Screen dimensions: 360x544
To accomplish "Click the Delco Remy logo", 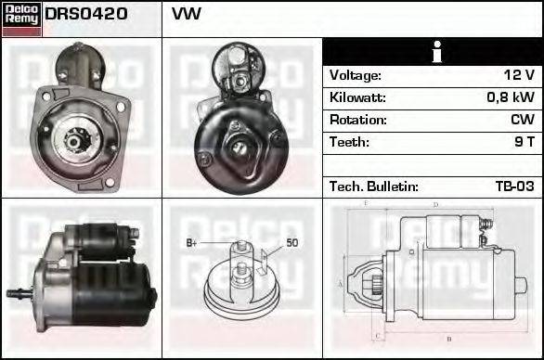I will pos(21,19).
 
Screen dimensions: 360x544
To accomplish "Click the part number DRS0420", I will pos(86,15).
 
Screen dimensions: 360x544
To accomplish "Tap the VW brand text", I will pos(186,15).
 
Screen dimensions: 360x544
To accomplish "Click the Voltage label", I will pos(355,75).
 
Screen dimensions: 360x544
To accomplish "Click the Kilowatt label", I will pos(357,97).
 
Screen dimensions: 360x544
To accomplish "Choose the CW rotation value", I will pos(522,120).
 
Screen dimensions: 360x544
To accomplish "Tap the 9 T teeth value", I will pos(523,142).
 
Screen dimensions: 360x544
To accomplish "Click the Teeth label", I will pos(349,142).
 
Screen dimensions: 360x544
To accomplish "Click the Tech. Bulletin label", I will pos(373,186).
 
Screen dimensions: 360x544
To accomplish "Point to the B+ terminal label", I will pos(192,243).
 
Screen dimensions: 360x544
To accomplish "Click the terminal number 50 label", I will pos(291,243).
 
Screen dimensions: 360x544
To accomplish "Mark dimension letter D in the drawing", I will pos(435,204).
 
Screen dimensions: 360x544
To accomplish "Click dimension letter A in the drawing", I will pos(340,283).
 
